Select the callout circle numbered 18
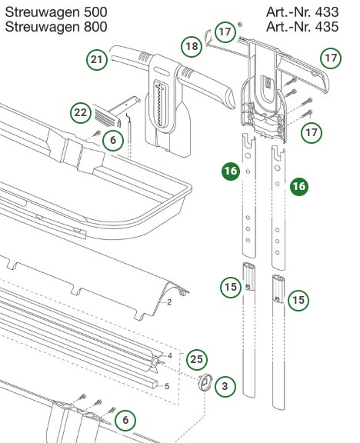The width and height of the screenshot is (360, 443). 193,47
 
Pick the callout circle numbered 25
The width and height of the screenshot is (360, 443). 197,358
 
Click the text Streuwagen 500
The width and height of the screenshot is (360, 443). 56,12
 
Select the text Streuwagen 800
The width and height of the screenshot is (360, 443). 56,28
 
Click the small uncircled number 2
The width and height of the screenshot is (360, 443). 168,303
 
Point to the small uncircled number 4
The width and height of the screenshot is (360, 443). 169,355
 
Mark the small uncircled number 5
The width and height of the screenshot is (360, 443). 167,385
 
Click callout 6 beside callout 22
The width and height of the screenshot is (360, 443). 112,140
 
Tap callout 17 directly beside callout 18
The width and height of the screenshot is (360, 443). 224,32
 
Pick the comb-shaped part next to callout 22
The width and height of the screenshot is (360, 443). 103,113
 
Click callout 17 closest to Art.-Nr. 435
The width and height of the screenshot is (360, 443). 331,58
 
